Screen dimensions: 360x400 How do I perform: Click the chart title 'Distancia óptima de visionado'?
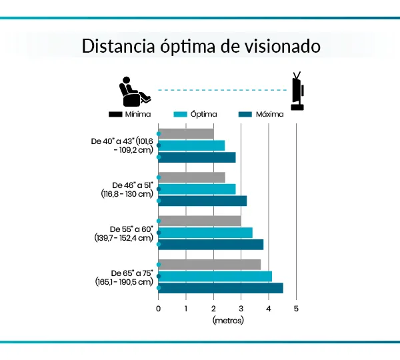coord(201,47)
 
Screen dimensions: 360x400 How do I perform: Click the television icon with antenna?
coord(297,92)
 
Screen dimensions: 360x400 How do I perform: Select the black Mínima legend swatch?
coord(115,115)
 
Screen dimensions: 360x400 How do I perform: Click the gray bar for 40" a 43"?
coord(186,133)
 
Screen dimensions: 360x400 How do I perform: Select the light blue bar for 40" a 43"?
coord(191,145)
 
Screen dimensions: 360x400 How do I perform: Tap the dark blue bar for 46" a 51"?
coord(203,201)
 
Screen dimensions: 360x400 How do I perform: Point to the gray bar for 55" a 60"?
coord(200,221)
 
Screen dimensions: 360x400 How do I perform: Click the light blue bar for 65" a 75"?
coord(215,276)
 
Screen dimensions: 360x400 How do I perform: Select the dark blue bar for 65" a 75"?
coord(221,288)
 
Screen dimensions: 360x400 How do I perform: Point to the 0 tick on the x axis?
coord(159,308)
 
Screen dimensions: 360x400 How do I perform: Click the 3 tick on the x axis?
coord(241,308)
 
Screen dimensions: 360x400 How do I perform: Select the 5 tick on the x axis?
coord(296,308)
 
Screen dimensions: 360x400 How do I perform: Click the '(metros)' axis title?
coord(228,320)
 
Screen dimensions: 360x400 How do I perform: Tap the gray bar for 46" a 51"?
coord(192,177)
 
